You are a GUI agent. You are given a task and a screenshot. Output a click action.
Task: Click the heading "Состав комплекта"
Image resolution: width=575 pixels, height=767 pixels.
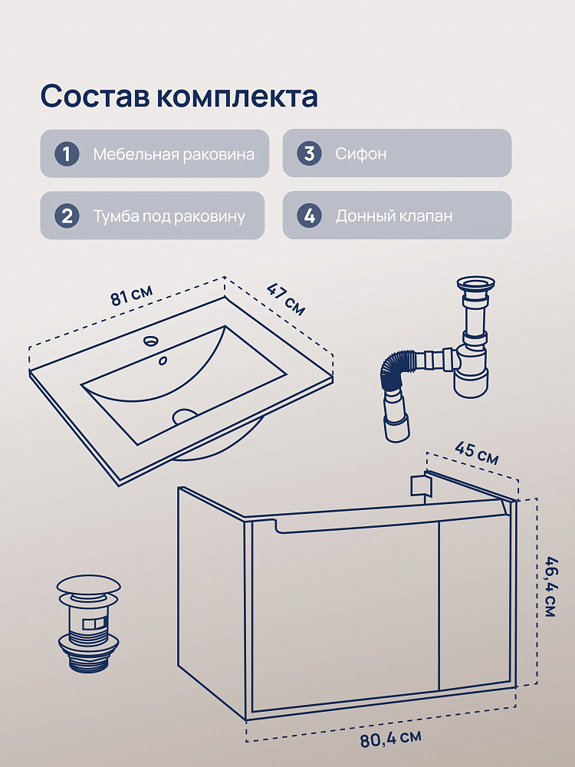coord(179,96)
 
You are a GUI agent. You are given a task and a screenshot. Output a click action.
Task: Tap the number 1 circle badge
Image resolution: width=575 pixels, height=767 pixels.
coord(67,154)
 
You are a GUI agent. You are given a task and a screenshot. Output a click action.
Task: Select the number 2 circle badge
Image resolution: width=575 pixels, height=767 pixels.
coord(67,216)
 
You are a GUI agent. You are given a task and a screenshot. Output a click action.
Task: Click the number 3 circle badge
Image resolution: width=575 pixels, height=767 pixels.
coord(309,153)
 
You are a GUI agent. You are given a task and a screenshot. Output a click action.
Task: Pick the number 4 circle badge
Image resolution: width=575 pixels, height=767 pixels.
coord(309,216)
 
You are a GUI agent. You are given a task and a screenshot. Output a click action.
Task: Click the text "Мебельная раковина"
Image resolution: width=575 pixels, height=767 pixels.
coord(173,154)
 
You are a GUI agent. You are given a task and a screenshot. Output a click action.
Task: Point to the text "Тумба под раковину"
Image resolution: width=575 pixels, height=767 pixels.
coord(169,216)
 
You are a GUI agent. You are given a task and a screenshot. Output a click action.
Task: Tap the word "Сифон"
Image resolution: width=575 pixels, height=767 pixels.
coord(361,153)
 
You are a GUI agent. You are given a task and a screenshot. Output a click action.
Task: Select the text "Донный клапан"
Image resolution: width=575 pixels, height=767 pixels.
coord(393,216)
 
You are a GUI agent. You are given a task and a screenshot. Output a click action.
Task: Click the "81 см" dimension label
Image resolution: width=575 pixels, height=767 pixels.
coord(132,295)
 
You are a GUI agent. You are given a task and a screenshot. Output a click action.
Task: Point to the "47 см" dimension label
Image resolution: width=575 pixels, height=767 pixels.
coord(286,299)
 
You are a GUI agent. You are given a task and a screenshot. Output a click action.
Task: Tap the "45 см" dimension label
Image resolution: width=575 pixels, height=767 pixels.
coord(477,453)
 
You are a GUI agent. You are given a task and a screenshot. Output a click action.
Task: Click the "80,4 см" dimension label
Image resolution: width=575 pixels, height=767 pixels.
coord(391,738)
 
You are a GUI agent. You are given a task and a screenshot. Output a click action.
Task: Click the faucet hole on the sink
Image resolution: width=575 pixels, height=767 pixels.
coord(150,340)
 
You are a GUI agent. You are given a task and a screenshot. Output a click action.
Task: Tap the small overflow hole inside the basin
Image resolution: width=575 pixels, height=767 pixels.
coord(163,361)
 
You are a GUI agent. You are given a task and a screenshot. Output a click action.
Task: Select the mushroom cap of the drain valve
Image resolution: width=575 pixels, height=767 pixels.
coord(88,585)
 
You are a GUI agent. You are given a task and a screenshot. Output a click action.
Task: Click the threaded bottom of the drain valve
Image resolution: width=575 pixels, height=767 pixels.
coord(88,661)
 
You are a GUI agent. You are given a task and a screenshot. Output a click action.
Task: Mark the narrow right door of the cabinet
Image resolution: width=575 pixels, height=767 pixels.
coord(475,604)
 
